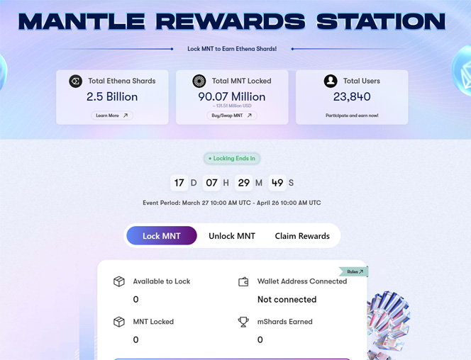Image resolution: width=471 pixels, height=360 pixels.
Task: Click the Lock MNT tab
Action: pyautogui.click(x=162, y=236)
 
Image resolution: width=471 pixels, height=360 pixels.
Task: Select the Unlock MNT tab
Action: pyautogui.click(x=232, y=236)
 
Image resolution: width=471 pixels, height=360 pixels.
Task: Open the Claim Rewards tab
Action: pyautogui.click(x=302, y=236)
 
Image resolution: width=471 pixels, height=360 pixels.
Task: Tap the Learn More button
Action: pyautogui.click(x=112, y=116)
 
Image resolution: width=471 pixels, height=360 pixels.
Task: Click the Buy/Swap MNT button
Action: pyautogui.click(x=232, y=116)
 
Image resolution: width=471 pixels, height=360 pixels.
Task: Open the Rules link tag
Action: pyautogui.click(x=355, y=271)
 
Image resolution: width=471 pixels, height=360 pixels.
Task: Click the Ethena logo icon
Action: pyautogui.click(x=76, y=81)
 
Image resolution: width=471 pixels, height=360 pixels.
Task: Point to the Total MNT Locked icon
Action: pyautogui.click(x=199, y=81)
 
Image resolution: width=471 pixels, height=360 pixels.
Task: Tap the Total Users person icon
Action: pyautogui.click(x=331, y=81)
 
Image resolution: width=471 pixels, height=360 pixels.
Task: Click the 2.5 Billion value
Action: pyautogui.click(x=112, y=96)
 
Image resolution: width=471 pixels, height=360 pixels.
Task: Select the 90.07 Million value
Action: pyautogui.click(x=232, y=96)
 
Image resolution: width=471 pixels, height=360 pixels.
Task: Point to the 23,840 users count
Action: pyautogui.click(x=352, y=96)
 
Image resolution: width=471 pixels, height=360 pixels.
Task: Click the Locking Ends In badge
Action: pyautogui.click(x=232, y=159)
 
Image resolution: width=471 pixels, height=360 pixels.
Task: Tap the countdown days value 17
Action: pyautogui.click(x=179, y=183)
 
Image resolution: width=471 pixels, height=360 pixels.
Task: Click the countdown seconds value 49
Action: pyautogui.click(x=277, y=183)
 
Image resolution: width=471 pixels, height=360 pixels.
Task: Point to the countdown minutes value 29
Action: pyautogui.click(x=244, y=183)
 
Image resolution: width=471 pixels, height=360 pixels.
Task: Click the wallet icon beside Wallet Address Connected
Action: pyautogui.click(x=243, y=282)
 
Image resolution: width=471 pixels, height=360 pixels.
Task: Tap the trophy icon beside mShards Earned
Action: pyautogui.click(x=243, y=322)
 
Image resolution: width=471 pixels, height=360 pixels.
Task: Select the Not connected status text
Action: pyautogui.click(x=287, y=299)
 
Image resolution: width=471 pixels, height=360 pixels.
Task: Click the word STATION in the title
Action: pyautogui.click(x=381, y=21)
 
